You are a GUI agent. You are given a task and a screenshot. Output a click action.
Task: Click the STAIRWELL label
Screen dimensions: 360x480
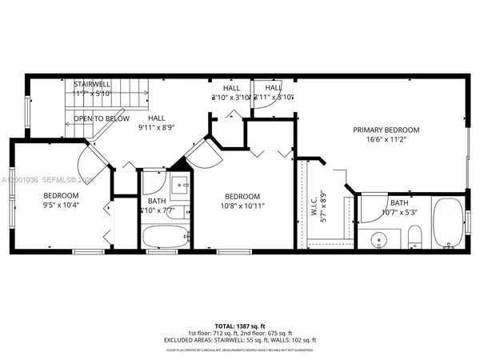pyautogui.click(x=92, y=84)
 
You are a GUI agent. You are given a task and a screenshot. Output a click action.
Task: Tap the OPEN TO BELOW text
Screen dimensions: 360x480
pyautogui.click(x=102, y=118)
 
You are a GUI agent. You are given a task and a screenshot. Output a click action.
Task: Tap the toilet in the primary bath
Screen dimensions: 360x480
pyautogui.click(x=414, y=237)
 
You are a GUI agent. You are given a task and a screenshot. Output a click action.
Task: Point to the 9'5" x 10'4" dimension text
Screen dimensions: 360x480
pyautogui.click(x=61, y=206)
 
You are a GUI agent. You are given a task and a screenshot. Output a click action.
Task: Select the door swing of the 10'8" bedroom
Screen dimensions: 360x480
pyautogui.click(x=200, y=152)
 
